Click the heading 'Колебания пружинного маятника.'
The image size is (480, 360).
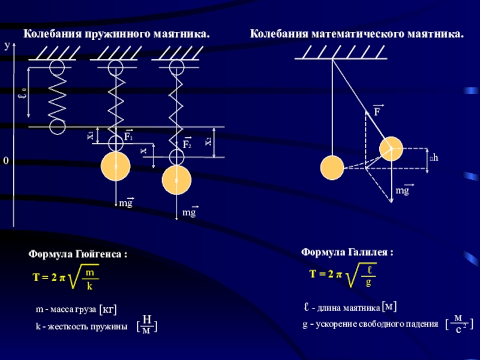116,34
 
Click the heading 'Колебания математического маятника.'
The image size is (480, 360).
357,34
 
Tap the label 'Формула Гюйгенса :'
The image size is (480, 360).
78,254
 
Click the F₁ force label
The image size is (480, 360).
128,137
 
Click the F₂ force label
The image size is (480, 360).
187,145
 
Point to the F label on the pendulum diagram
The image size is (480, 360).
377,112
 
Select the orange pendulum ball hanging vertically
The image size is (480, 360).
332,167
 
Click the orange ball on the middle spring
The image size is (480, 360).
115,166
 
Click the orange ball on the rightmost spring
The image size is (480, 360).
176,180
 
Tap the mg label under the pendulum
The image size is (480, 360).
402,191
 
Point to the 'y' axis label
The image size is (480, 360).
7,46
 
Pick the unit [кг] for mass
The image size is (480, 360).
107,309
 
